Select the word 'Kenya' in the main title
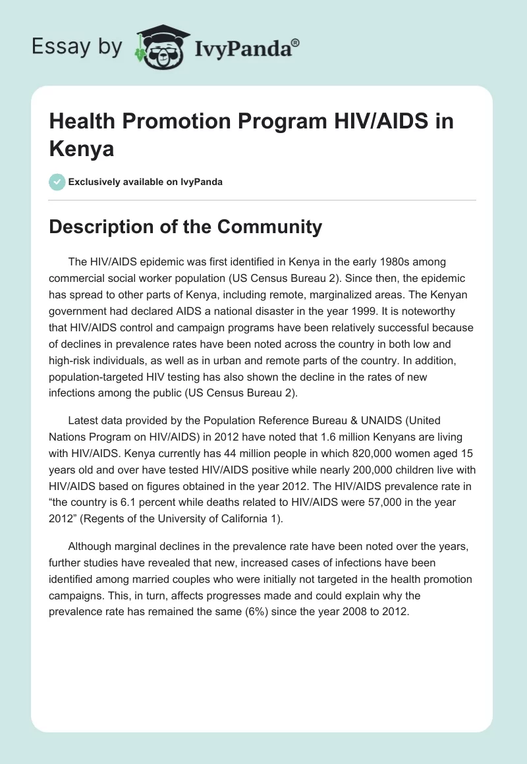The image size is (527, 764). click(x=82, y=148)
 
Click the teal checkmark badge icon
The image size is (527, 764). click(x=57, y=182)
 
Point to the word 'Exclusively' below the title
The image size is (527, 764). click(x=97, y=182)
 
